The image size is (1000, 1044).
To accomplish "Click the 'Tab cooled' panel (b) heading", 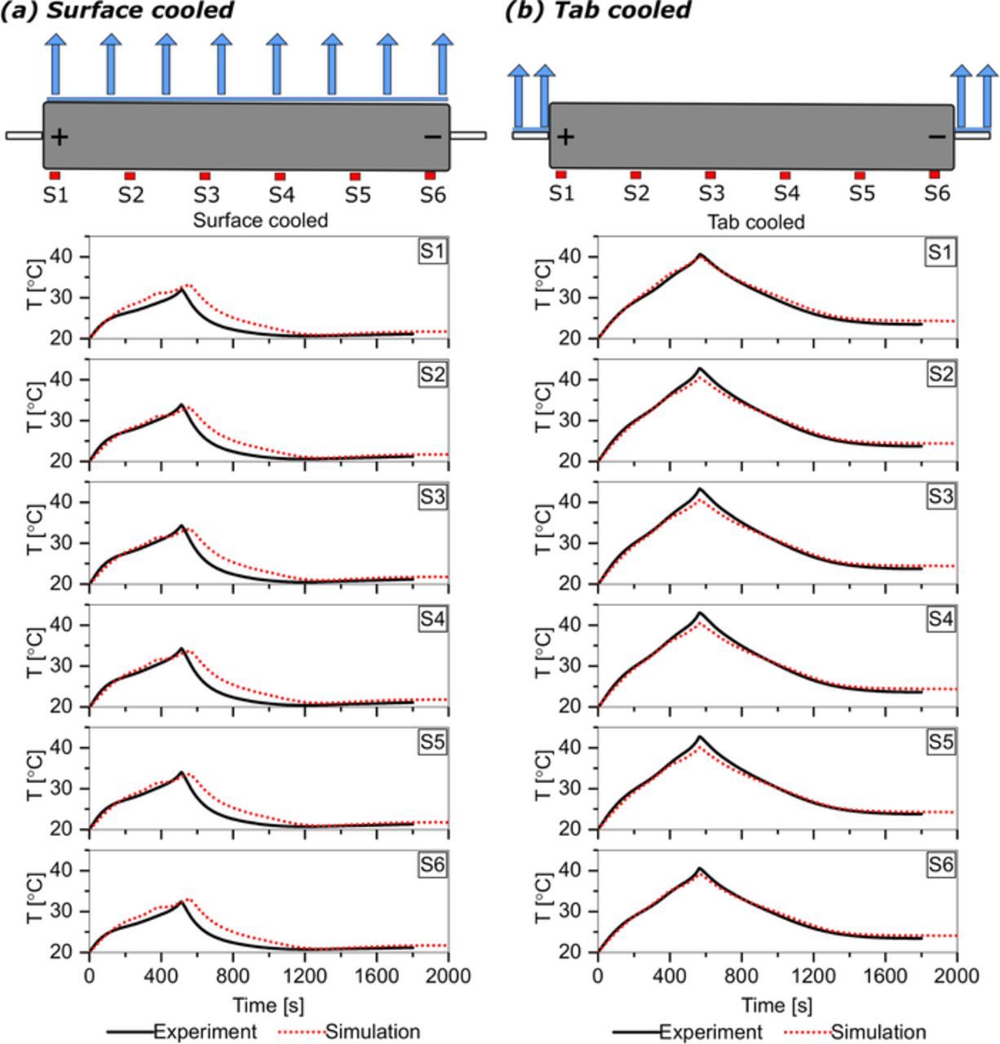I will (x=598, y=11).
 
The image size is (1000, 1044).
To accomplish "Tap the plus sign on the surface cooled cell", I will (x=59, y=136).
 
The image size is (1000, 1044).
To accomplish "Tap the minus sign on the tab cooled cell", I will (x=937, y=136).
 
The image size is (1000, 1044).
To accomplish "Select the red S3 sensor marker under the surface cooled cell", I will (x=205, y=176).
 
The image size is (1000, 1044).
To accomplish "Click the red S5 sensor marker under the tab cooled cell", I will (x=860, y=175).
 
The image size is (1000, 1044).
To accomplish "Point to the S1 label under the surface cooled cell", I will (x=55, y=196).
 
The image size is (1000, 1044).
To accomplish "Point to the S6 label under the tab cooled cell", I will (x=937, y=194).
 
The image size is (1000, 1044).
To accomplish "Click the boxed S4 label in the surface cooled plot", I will (x=432, y=620).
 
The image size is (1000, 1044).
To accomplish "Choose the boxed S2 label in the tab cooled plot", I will (x=940, y=374).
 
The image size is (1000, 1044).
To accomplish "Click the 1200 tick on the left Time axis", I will (x=305, y=975).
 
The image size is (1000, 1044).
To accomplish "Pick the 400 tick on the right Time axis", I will (x=669, y=975).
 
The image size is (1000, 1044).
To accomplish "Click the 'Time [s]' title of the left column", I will (x=268, y=1004).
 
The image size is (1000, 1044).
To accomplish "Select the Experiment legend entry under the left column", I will (x=205, y=1032).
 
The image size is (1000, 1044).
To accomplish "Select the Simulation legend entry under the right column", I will (x=878, y=1032).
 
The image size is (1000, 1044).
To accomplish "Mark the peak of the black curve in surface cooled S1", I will (x=180, y=290).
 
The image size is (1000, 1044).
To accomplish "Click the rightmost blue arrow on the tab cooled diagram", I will (x=988, y=94).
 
